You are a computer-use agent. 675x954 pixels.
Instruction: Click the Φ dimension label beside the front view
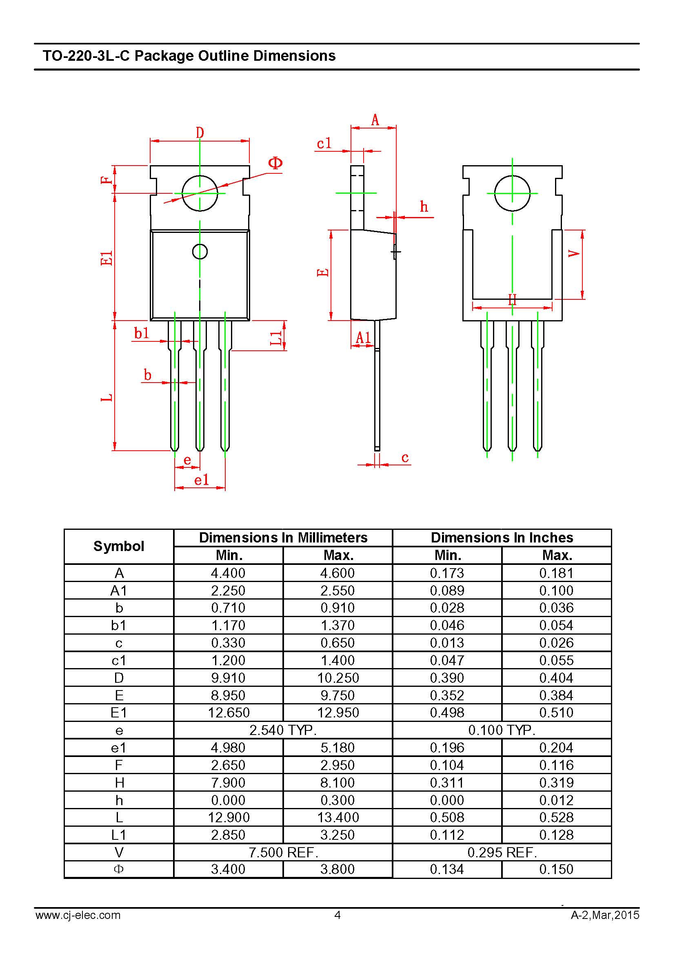275,163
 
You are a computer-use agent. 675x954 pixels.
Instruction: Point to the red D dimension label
200,133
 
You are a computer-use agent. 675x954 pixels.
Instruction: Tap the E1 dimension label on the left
107,258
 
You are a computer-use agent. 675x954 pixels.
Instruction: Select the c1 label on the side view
324,143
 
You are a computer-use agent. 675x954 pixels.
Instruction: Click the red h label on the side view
424,206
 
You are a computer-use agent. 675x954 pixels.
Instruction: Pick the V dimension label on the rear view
574,253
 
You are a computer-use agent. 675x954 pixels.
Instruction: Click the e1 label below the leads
202,480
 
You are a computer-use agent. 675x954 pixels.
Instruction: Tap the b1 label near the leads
141,333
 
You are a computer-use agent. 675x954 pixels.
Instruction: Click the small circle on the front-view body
200,251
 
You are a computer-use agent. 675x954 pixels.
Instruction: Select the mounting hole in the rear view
512,193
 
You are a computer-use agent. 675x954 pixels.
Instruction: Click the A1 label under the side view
363,338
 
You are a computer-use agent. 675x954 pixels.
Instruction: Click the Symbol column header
119,546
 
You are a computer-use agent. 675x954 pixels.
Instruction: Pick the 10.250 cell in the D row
338,678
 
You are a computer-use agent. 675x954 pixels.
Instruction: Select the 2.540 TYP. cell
283,730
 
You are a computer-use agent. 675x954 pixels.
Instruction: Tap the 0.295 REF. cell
502,852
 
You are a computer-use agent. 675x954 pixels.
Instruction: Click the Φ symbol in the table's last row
119,869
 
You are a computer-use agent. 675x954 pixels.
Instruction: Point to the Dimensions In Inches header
502,538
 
